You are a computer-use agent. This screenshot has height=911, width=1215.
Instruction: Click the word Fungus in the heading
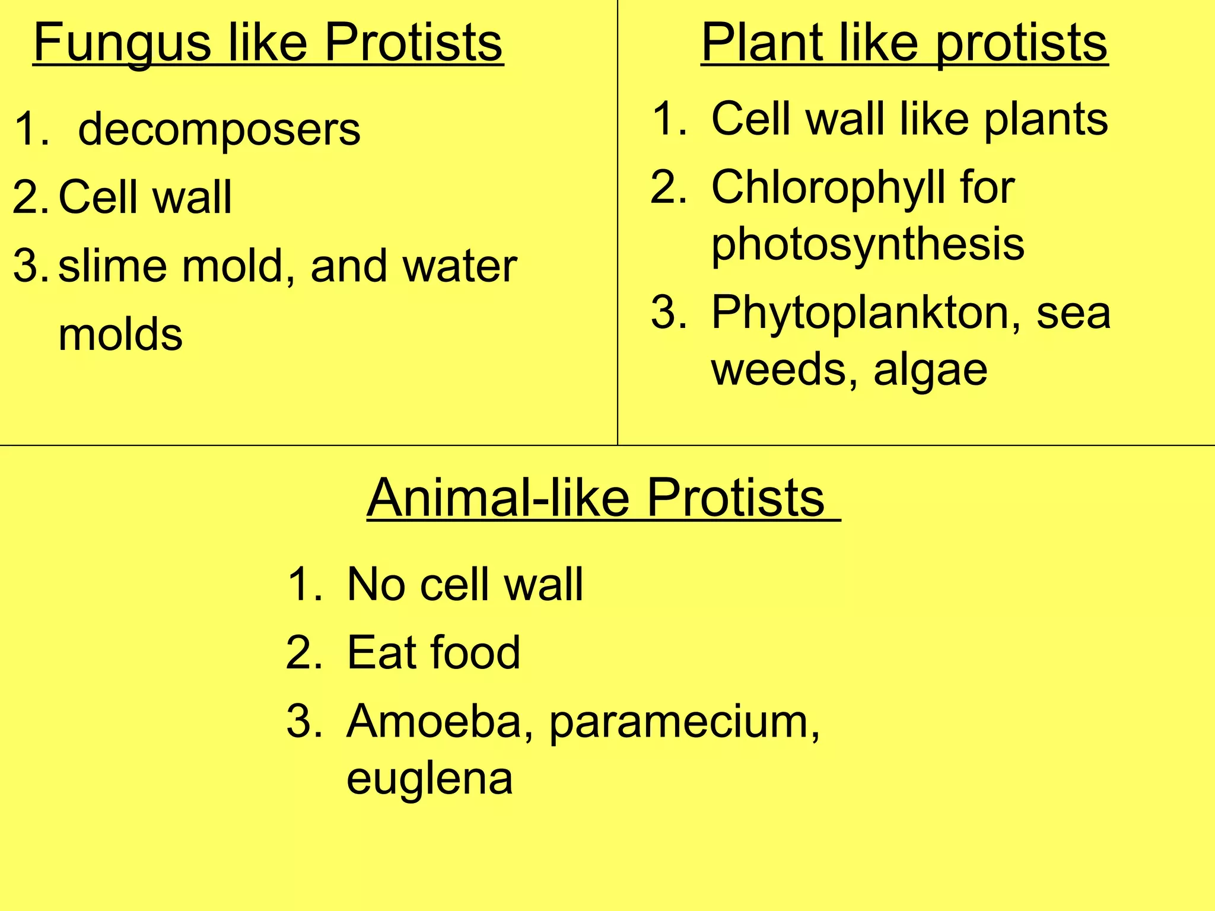[x=122, y=43]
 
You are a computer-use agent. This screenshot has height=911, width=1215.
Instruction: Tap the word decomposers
[x=219, y=130]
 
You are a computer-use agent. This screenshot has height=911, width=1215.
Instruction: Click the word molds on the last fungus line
[x=120, y=335]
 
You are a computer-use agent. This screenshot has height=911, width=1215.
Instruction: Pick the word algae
[x=930, y=370]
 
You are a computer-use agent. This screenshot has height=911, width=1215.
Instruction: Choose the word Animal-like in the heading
[x=498, y=498]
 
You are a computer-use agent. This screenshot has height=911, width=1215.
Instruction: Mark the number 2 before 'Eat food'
[x=300, y=652]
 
